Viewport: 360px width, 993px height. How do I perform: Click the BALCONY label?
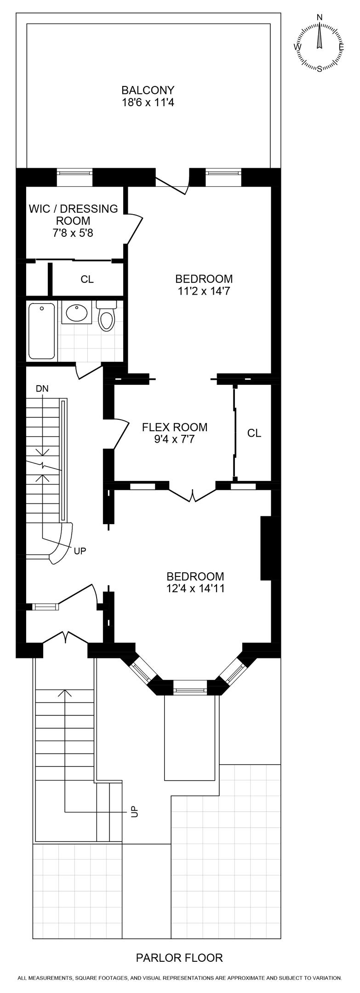tap(148, 90)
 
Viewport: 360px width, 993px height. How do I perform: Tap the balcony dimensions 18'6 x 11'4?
tap(148, 103)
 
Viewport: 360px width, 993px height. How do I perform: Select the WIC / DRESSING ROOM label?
tap(73, 215)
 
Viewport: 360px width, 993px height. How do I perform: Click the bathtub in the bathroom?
tap(41, 331)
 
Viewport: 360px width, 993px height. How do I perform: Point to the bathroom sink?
tap(76, 314)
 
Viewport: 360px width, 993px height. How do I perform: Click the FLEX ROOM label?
tap(174, 427)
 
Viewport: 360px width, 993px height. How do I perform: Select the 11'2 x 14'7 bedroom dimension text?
tap(204, 291)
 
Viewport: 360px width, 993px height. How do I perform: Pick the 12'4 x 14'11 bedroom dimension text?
tap(195, 588)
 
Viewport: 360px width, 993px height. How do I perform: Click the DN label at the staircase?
tap(42, 388)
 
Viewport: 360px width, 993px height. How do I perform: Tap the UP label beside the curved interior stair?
tap(80, 550)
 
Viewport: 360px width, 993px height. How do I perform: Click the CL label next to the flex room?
tap(254, 433)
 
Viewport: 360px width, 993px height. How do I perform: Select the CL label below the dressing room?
tap(87, 280)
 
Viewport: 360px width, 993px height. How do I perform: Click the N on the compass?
tap(320, 17)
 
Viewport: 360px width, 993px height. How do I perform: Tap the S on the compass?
tap(320, 68)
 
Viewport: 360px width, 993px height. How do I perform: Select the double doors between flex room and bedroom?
tap(193, 494)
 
